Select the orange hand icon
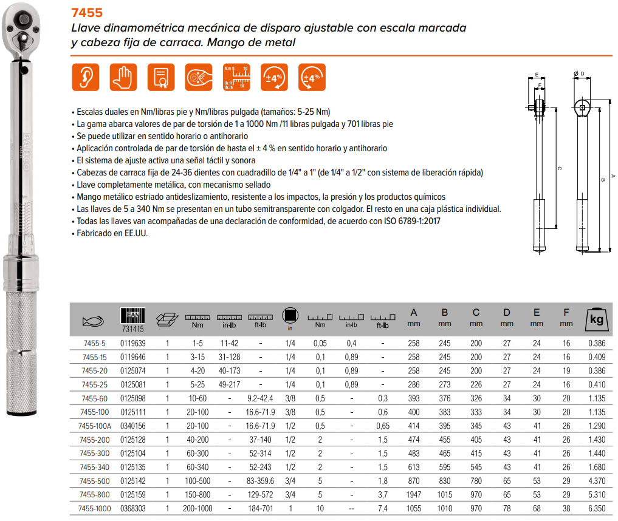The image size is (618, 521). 123,77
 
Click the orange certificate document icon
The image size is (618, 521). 161,77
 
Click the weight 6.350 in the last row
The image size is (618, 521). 597,508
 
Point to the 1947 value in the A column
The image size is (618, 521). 414,494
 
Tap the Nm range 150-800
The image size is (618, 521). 197,494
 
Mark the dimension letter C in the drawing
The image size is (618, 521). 558,168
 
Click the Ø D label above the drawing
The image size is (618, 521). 579,74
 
